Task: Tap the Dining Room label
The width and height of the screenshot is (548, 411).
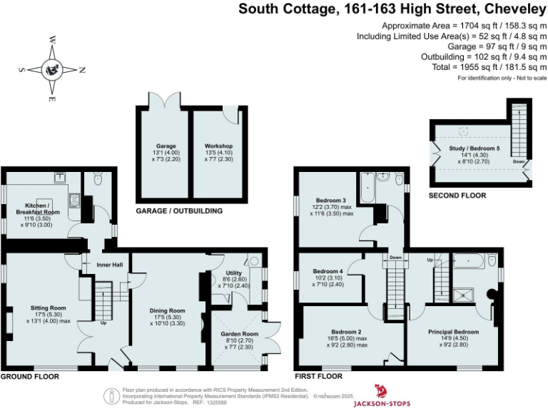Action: point(167,310)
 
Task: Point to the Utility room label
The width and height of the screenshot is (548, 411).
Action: point(234,273)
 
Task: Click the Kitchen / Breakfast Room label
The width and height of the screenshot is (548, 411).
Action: point(38,208)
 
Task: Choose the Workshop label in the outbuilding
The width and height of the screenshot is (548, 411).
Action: point(218,146)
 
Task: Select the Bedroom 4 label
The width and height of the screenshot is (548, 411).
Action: point(328,271)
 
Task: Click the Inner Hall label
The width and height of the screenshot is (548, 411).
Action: point(106,265)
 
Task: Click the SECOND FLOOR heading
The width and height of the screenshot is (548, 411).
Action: point(457,196)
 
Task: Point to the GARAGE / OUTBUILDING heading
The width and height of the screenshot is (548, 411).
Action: point(179,211)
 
